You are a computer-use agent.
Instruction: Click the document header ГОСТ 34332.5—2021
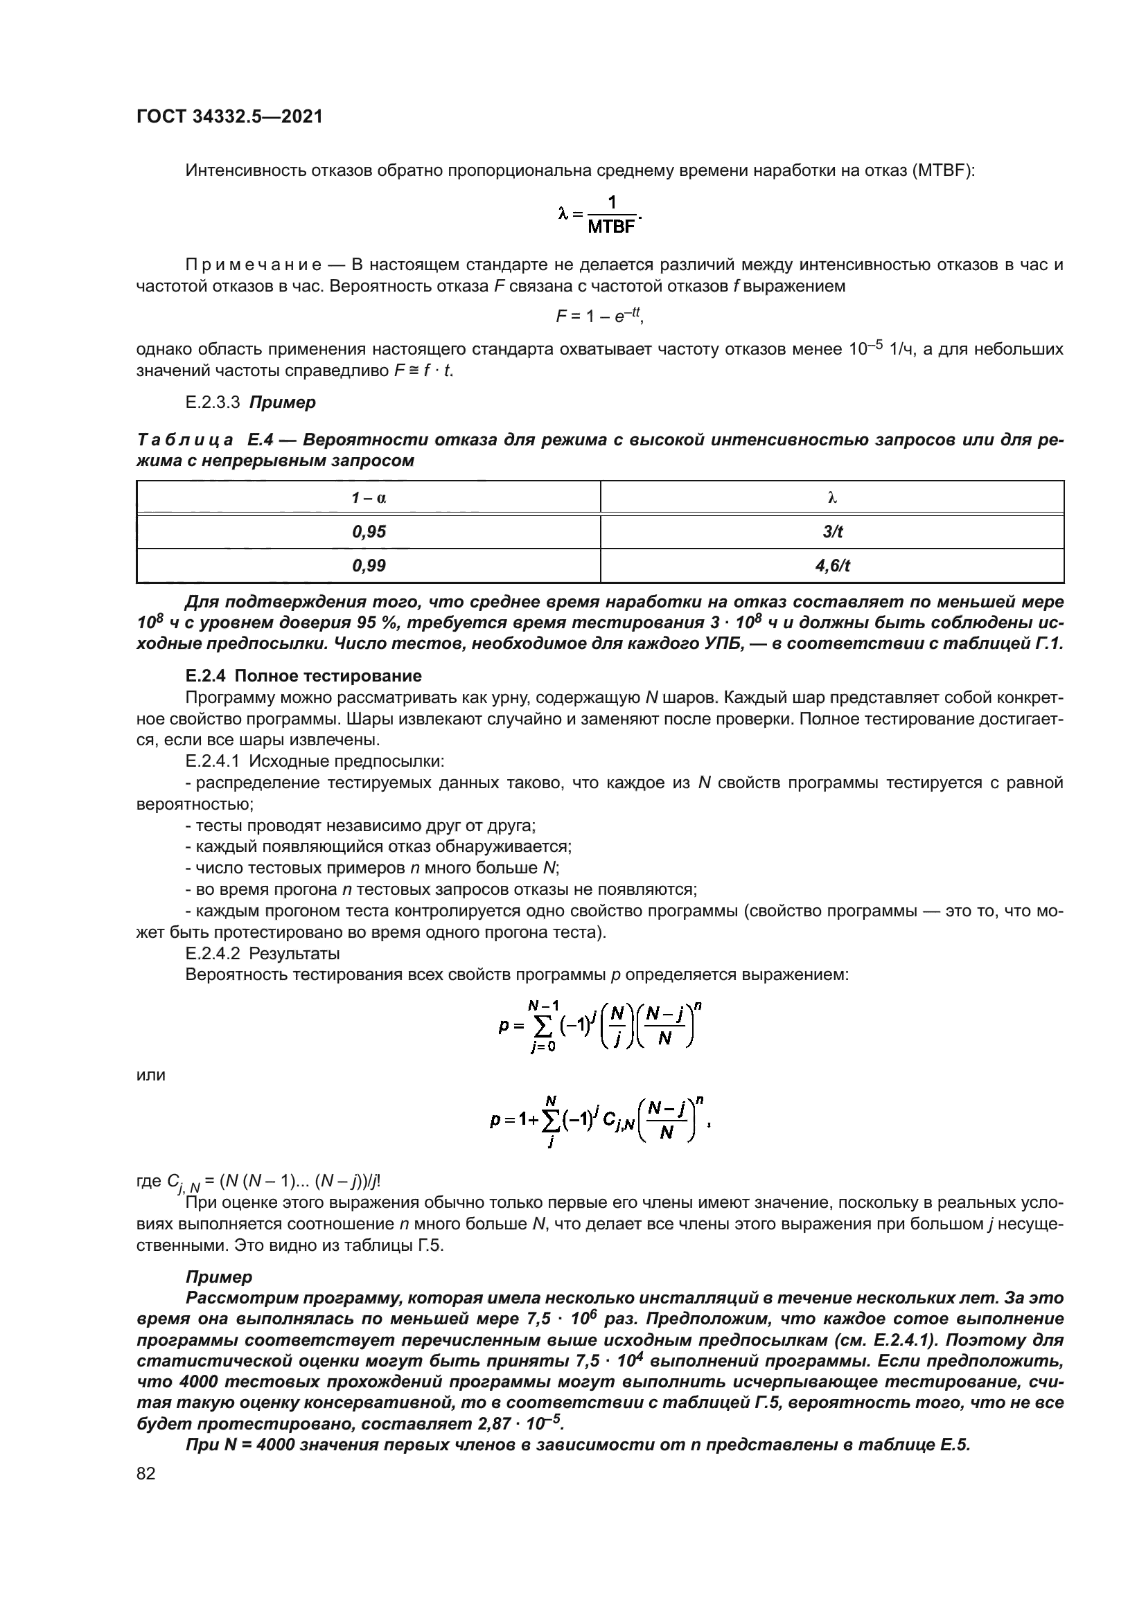click(229, 117)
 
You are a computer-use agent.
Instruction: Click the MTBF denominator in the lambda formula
click(611, 227)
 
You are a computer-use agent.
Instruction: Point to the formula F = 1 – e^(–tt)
click(599, 317)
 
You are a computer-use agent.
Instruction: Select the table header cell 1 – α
click(369, 498)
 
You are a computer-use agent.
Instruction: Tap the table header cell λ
click(832, 498)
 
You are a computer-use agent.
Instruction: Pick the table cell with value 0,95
click(369, 532)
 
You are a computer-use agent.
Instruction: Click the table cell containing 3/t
click(832, 532)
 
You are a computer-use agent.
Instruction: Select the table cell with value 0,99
click(369, 566)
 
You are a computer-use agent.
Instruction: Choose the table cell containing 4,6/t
click(832, 566)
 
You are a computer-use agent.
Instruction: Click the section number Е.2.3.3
click(213, 403)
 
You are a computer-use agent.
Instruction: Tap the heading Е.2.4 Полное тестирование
click(303, 676)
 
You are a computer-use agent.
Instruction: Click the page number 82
click(146, 1473)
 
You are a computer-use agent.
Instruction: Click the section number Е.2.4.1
click(213, 761)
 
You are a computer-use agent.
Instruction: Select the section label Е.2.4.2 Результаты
click(263, 954)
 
